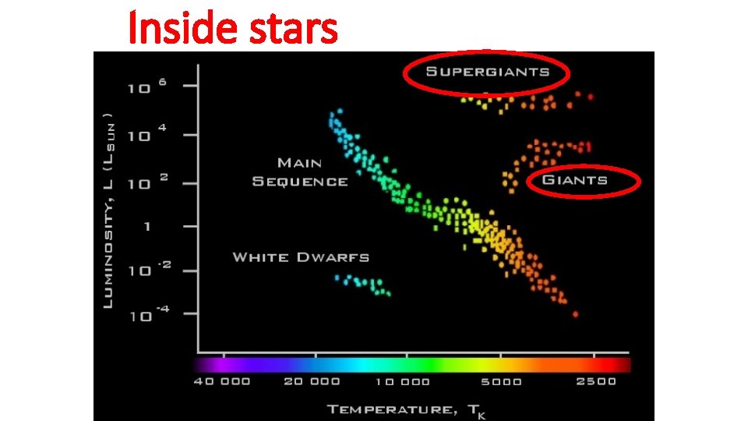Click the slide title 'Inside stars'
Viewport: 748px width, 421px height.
[x=232, y=28]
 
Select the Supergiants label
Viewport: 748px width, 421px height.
[x=487, y=73]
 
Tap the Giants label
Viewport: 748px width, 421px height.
[x=575, y=180]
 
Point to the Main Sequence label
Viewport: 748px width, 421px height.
[x=300, y=172]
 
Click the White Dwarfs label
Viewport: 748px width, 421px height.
[x=301, y=257]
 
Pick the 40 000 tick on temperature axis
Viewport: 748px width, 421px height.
[x=223, y=381]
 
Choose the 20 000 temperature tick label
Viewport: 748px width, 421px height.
[x=312, y=381]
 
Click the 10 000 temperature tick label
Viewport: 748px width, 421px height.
[x=402, y=381]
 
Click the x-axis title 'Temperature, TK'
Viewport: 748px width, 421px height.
[x=404, y=409]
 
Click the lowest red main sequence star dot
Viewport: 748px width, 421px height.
[x=576, y=314]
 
